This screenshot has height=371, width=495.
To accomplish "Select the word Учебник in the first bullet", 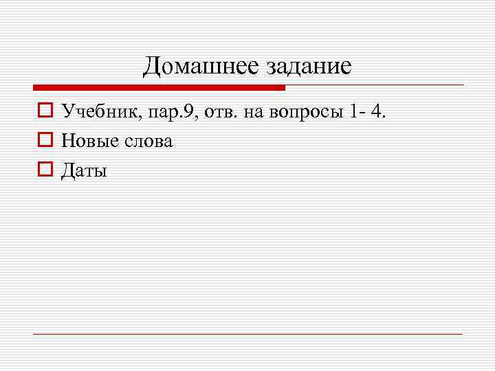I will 99,111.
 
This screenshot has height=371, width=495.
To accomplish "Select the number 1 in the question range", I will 353,111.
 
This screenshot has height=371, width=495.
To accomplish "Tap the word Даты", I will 84,171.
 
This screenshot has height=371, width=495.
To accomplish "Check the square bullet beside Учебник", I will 45,111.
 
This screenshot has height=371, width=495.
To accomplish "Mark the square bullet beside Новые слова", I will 45,141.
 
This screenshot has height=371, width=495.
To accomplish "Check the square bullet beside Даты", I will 45,170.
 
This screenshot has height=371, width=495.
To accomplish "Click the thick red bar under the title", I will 158,88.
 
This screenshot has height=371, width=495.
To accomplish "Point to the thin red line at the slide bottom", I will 247,334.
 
